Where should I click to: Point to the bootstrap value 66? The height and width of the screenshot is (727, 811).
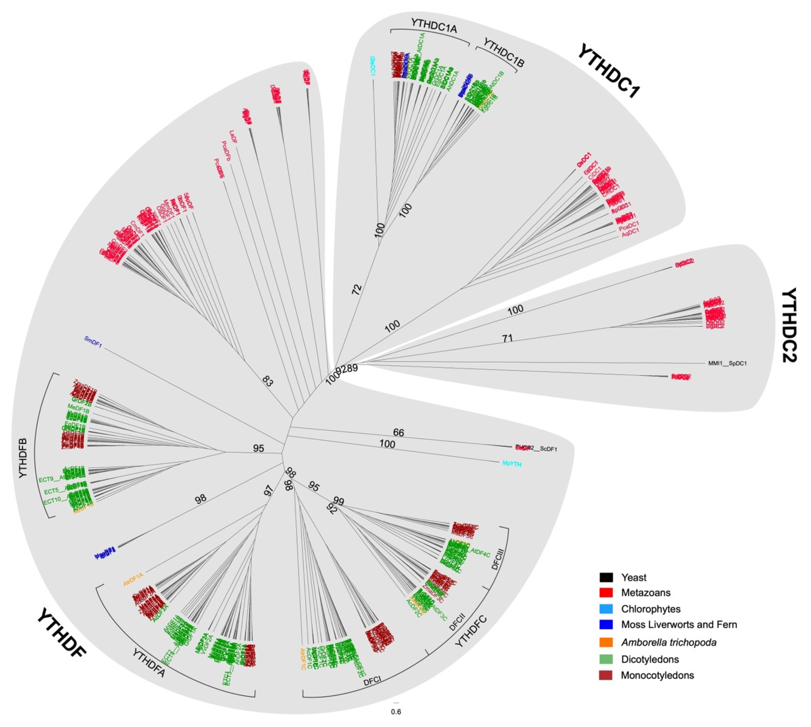[398, 432]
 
